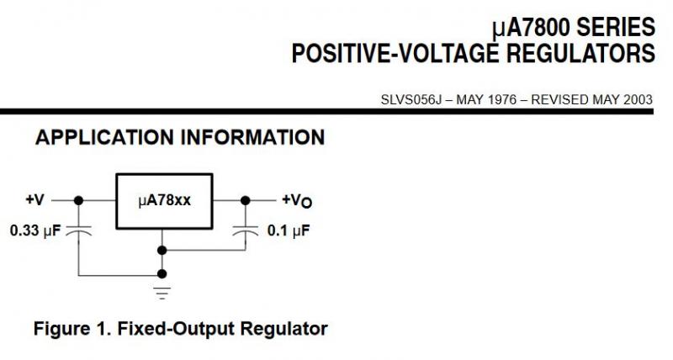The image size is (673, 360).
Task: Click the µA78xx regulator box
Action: tap(163, 201)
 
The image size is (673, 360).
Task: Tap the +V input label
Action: tap(34, 200)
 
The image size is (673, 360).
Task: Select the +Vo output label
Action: tap(296, 200)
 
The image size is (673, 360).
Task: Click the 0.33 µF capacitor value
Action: tap(35, 230)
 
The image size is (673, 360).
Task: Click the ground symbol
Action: tap(162, 293)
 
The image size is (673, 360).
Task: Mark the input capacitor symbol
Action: tap(79, 228)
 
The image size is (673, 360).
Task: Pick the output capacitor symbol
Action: tap(246, 228)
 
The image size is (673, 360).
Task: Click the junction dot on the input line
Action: tap(79, 200)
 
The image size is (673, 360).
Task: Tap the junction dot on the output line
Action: tap(246, 200)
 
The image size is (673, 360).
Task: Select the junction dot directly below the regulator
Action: tap(162, 250)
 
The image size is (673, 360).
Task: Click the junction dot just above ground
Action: tap(162, 273)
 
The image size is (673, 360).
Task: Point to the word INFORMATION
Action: tap(252, 137)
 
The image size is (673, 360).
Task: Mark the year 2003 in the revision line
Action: tap(636, 99)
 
